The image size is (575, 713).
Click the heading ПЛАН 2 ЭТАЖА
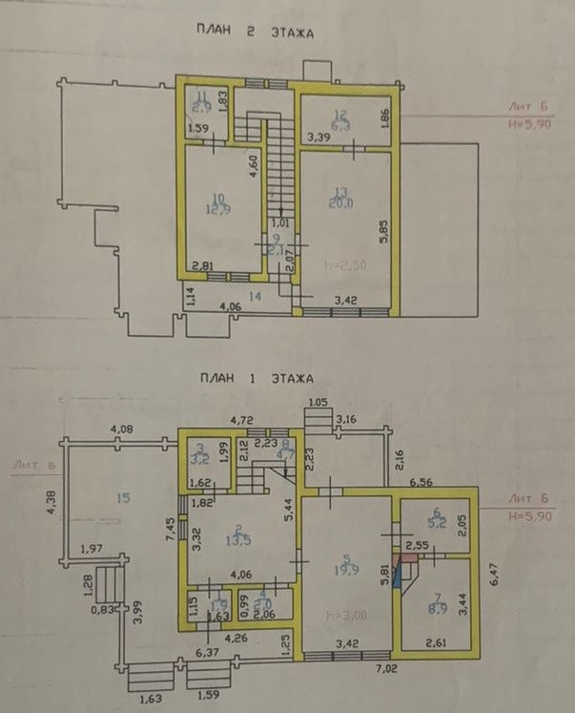tap(254, 32)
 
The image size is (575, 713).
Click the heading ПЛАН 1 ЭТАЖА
tap(254, 380)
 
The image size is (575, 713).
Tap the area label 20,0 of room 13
tap(341, 204)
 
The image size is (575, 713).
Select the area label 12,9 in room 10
tap(218, 209)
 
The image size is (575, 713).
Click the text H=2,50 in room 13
tap(340, 264)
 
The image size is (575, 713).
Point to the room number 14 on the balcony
tap(255, 297)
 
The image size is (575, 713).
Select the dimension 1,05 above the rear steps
tap(318, 402)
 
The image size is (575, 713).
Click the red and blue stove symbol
tap(410, 570)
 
